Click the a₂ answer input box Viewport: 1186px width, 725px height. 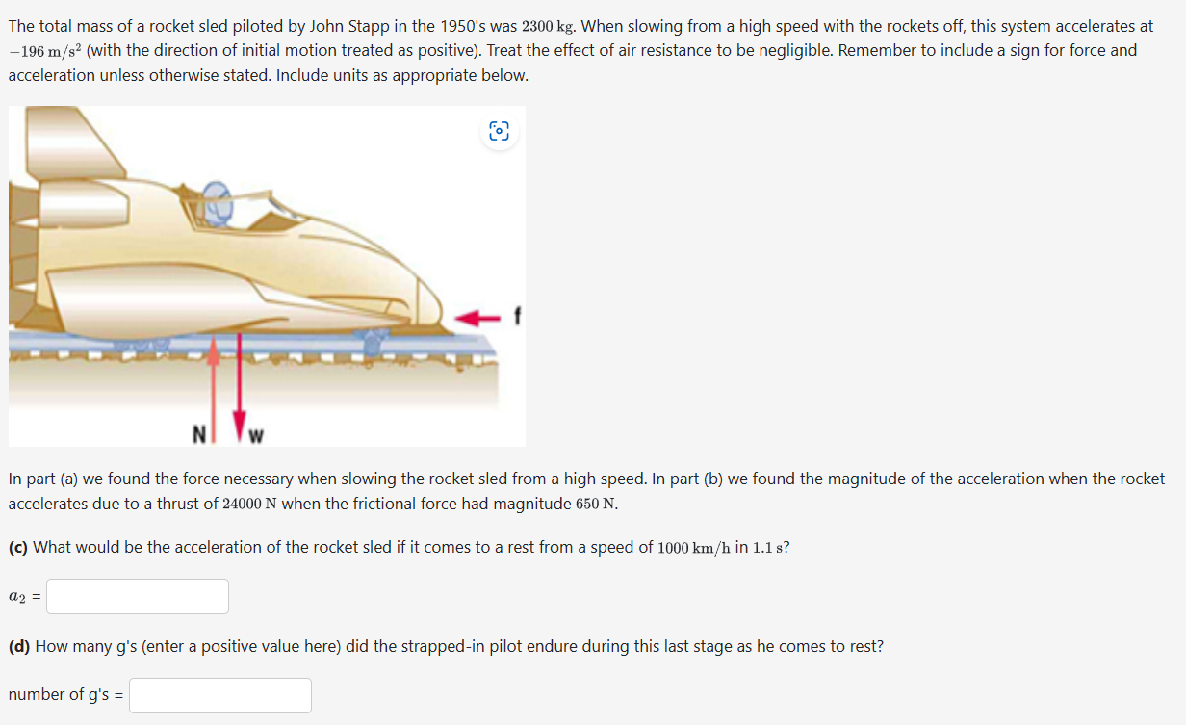[138, 597]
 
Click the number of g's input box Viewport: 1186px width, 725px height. [219, 695]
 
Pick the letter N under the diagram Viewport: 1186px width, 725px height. [197, 434]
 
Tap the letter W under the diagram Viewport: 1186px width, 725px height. [256, 436]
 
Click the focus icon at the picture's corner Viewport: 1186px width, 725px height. [499, 132]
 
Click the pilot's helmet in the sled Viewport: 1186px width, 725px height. [219, 197]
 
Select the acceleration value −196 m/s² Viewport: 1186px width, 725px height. [44, 51]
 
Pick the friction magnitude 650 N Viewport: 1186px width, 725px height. [592, 504]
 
